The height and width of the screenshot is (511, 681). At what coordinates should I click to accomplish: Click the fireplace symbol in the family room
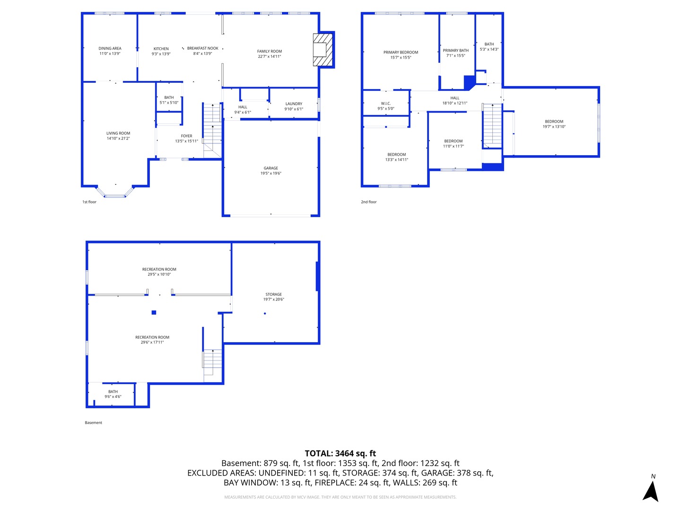pyautogui.click(x=323, y=49)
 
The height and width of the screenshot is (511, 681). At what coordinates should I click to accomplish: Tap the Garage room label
pyautogui.click(x=271, y=168)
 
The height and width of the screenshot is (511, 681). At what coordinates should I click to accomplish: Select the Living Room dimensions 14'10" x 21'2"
pyautogui.click(x=118, y=139)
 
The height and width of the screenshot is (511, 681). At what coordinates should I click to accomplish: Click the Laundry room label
pyautogui.click(x=294, y=104)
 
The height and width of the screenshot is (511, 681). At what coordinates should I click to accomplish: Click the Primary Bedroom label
pyautogui.click(x=401, y=53)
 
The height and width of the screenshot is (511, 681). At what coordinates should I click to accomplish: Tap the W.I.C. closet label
pyautogui.click(x=385, y=104)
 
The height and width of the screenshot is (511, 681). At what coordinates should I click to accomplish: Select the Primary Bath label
pyautogui.click(x=456, y=51)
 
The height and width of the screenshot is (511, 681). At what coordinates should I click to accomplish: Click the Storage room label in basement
pyautogui.click(x=273, y=294)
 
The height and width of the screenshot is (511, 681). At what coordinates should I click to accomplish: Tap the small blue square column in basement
pyautogui.click(x=154, y=312)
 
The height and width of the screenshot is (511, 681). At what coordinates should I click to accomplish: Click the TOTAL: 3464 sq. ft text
pyautogui.click(x=340, y=453)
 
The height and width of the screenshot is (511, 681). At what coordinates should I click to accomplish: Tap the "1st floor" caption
pyautogui.click(x=89, y=202)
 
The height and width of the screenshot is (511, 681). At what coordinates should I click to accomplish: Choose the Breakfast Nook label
pyautogui.click(x=202, y=48)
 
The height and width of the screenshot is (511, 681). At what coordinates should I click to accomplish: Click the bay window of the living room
pyautogui.click(x=115, y=194)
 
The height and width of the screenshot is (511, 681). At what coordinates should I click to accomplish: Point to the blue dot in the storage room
pyautogui.click(x=265, y=314)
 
